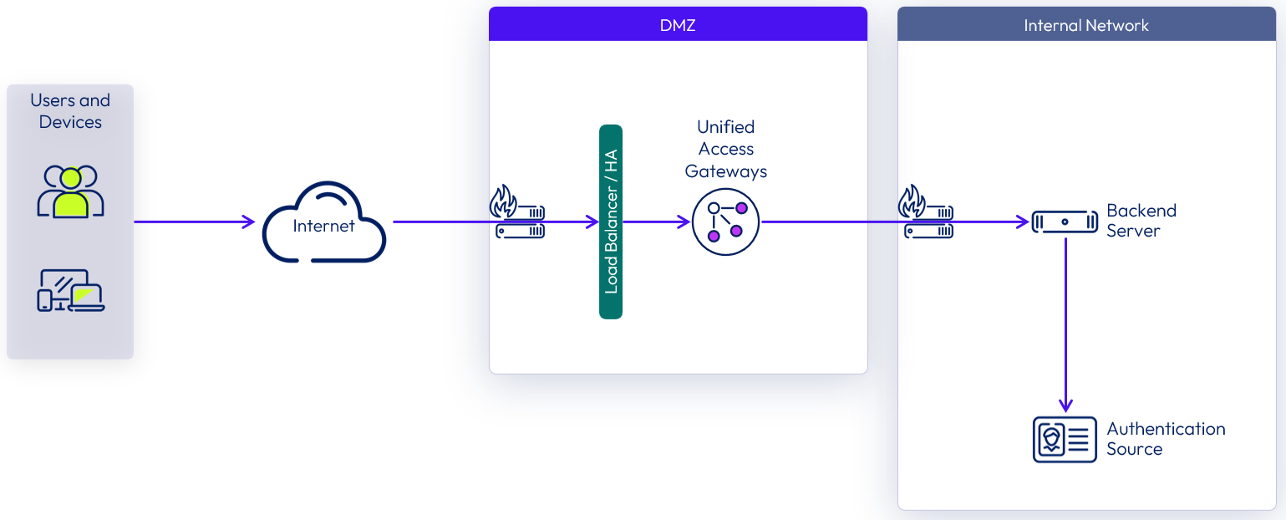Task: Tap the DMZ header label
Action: [677, 25]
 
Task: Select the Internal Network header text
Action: [1085, 25]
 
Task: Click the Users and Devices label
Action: [70, 111]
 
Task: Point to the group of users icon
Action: [70, 191]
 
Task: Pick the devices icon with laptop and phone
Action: [70, 290]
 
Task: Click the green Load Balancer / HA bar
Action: [611, 222]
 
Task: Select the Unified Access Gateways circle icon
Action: [725, 222]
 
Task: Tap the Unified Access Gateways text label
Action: [725, 149]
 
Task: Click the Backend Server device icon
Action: [1065, 222]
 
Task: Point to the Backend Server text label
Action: [1141, 221]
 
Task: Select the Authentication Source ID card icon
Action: [1065, 439]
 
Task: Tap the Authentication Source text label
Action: [1165, 439]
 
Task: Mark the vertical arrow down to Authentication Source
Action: [1065, 326]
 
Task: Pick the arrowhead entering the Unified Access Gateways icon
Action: [684, 222]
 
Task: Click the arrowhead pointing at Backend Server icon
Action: [1023, 222]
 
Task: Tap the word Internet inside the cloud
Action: [323, 226]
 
